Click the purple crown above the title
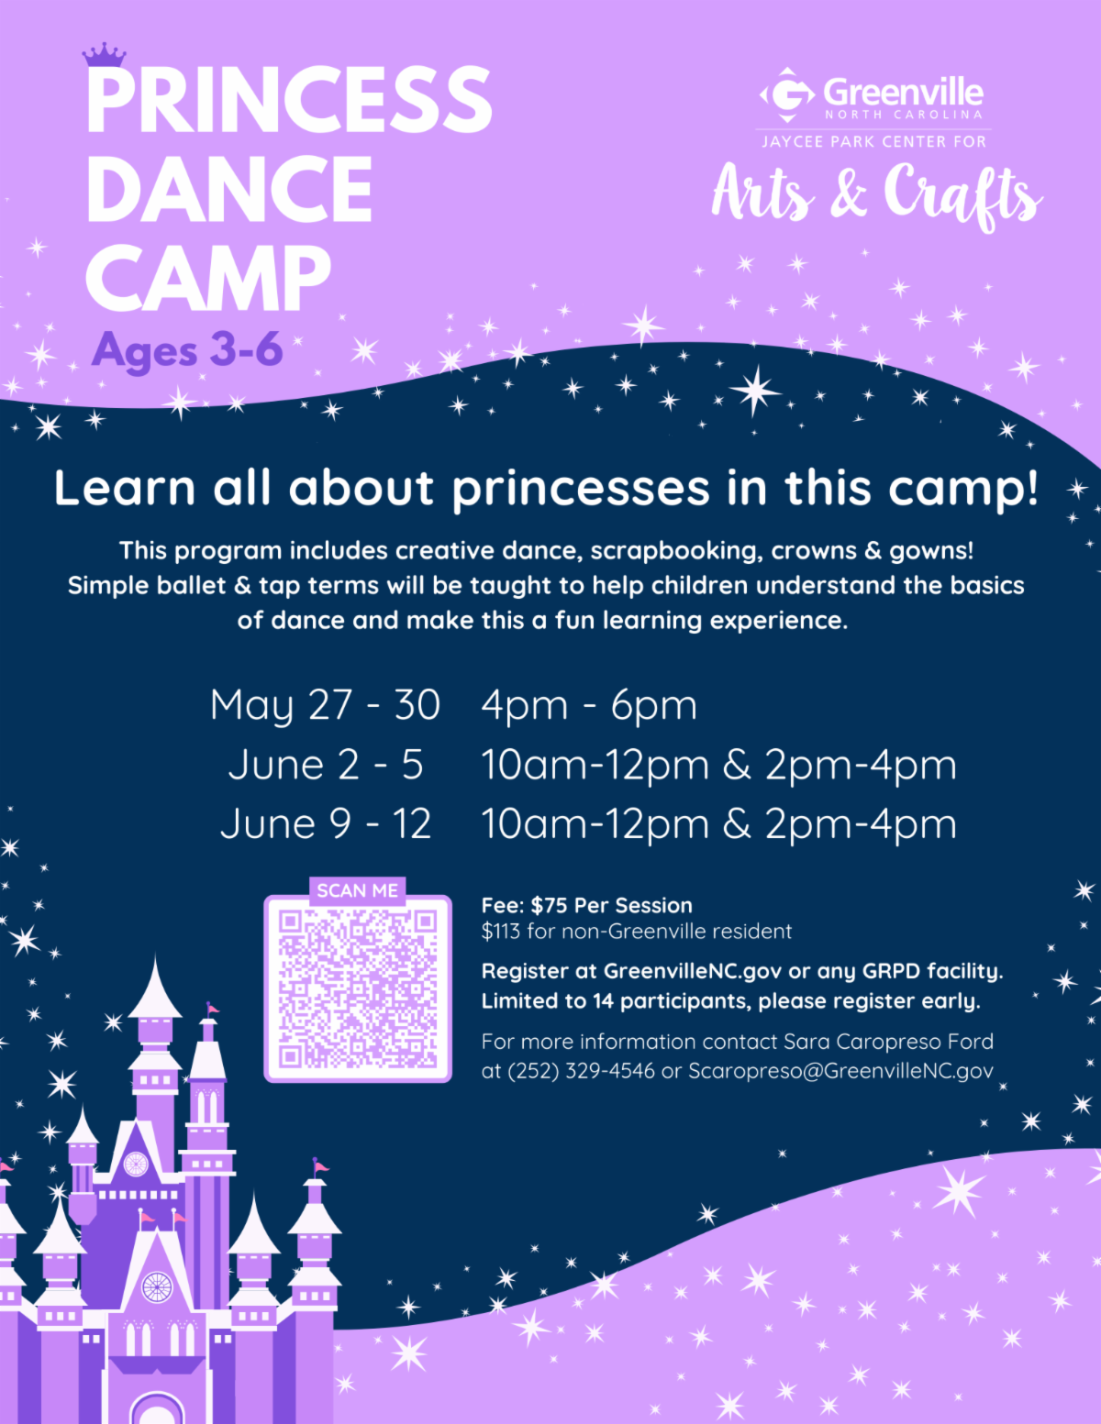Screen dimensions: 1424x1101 (104, 55)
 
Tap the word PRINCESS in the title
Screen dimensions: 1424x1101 (289, 100)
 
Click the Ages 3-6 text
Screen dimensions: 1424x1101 (187, 351)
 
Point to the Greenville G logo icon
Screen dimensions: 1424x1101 (787, 94)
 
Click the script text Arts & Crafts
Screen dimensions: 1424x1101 (876, 194)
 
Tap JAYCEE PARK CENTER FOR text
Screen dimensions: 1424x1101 (873, 142)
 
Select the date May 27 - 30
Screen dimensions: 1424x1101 (325, 705)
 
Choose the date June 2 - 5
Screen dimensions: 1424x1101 (326, 765)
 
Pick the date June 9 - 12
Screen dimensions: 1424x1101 (326, 823)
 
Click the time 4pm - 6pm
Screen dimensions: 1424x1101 (589, 705)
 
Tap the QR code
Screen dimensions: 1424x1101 (358, 988)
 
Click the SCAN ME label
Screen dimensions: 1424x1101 (357, 890)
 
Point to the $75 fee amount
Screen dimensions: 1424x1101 (549, 906)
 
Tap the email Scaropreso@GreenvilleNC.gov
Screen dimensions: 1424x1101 (840, 1071)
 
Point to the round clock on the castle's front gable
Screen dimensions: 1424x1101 (157, 1287)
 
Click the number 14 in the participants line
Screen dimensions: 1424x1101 (603, 1001)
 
